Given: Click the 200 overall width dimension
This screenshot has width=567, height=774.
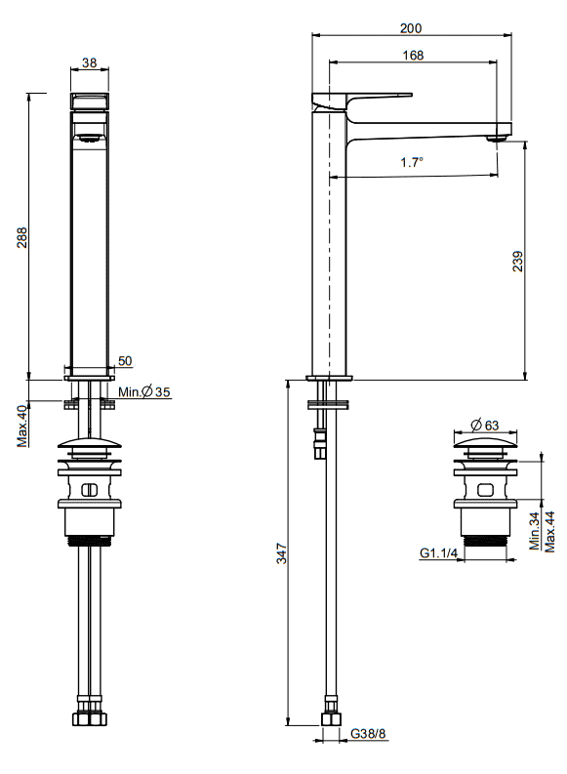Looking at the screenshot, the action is click(x=411, y=28).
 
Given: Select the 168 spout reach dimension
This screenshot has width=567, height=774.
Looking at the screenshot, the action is click(x=413, y=56).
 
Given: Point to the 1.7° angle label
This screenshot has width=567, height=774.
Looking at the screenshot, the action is click(x=412, y=162).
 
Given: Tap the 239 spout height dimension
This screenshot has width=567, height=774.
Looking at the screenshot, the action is click(x=517, y=262).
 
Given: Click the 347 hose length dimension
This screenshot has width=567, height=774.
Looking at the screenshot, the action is click(x=281, y=553).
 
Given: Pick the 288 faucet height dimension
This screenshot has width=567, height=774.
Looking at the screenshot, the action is click(x=22, y=237).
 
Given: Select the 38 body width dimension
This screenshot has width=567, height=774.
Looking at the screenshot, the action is click(x=90, y=62).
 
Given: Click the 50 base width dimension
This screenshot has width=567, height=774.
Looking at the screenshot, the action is click(x=125, y=361).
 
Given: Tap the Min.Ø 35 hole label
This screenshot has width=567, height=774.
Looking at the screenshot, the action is click(x=144, y=392).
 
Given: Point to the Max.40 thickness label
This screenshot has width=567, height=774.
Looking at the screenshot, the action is click(x=22, y=427).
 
